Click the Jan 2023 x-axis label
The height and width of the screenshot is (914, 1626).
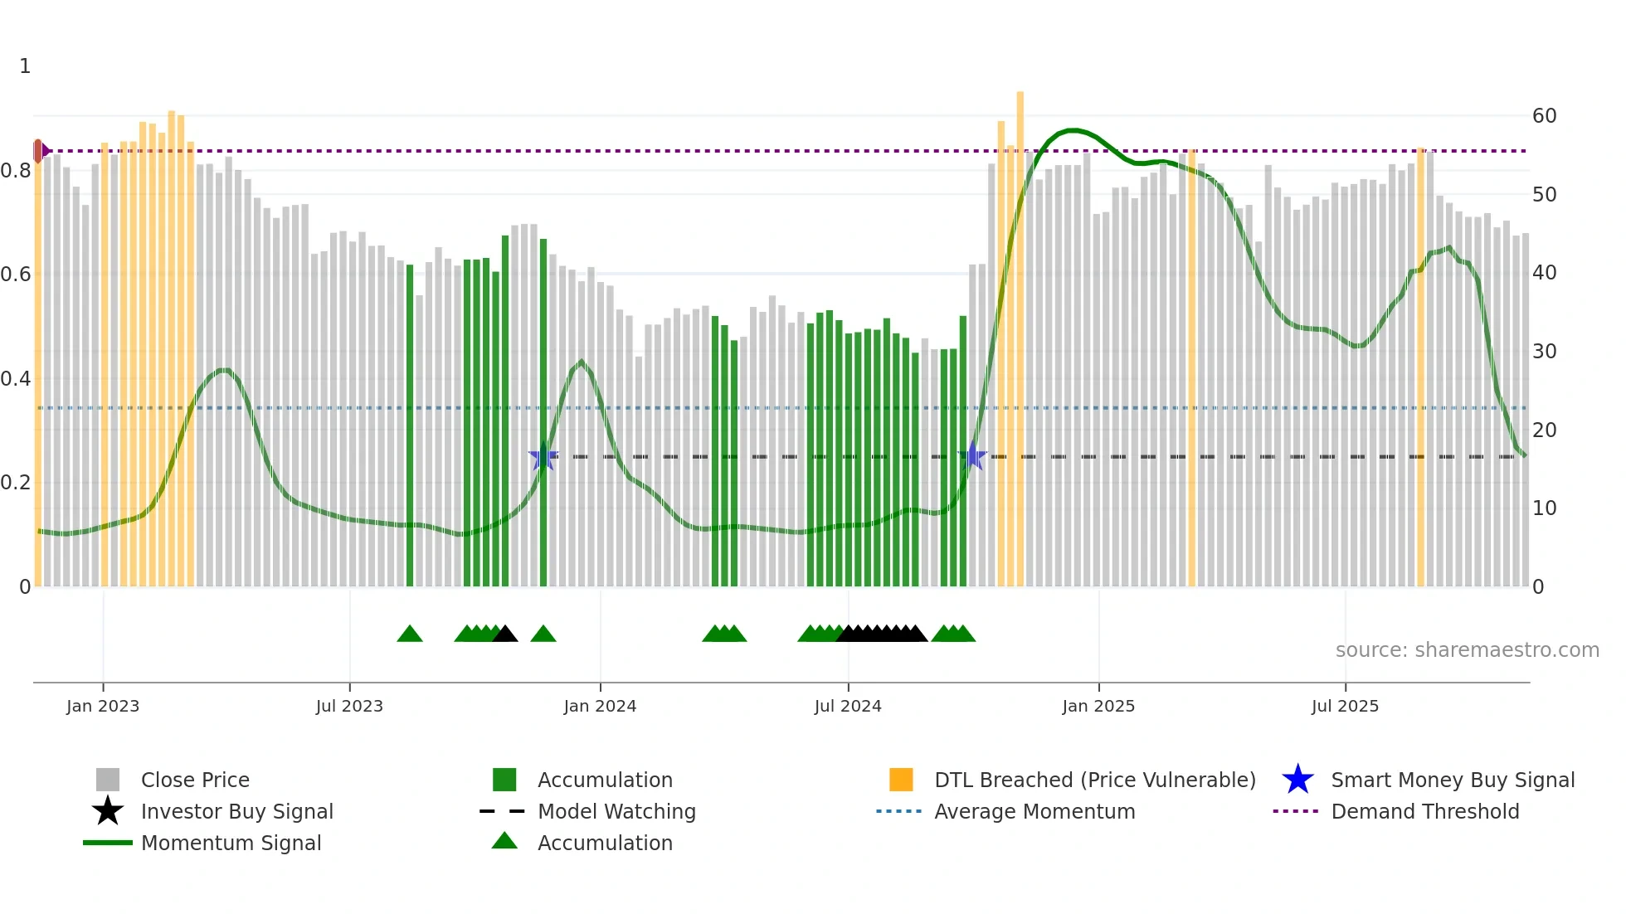tap(103, 706)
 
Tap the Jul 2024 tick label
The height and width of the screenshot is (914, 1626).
tap(848, 706)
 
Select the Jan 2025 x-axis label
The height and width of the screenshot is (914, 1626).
tap(1098, 706)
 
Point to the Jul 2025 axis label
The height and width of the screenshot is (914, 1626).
tap(1345, 706)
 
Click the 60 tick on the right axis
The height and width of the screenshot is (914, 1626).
tap(1544, 116)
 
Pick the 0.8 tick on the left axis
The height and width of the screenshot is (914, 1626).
tap(17, 171)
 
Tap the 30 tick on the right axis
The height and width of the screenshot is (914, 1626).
tap(1544, 352)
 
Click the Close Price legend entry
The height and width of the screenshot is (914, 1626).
tap(195, 780)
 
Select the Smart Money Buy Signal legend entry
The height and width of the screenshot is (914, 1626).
tap(1453, 780)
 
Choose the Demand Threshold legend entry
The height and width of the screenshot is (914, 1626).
tap(1424, 811)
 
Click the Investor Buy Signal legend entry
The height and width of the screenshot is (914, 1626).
tap(236, 811)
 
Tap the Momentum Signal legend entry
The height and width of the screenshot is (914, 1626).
tap(231, 843)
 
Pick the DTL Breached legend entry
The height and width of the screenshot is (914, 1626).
tap(1094, 780)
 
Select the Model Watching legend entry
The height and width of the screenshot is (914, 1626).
tap(616, 811)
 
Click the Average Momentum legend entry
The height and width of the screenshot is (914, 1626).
tap(1035, 811)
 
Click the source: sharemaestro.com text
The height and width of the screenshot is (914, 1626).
tap(1467, 650)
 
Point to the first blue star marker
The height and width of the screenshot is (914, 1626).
tap(543, 457)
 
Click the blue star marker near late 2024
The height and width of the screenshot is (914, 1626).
tap(972, 457)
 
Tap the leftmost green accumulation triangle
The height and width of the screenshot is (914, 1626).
tap(410, 634)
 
